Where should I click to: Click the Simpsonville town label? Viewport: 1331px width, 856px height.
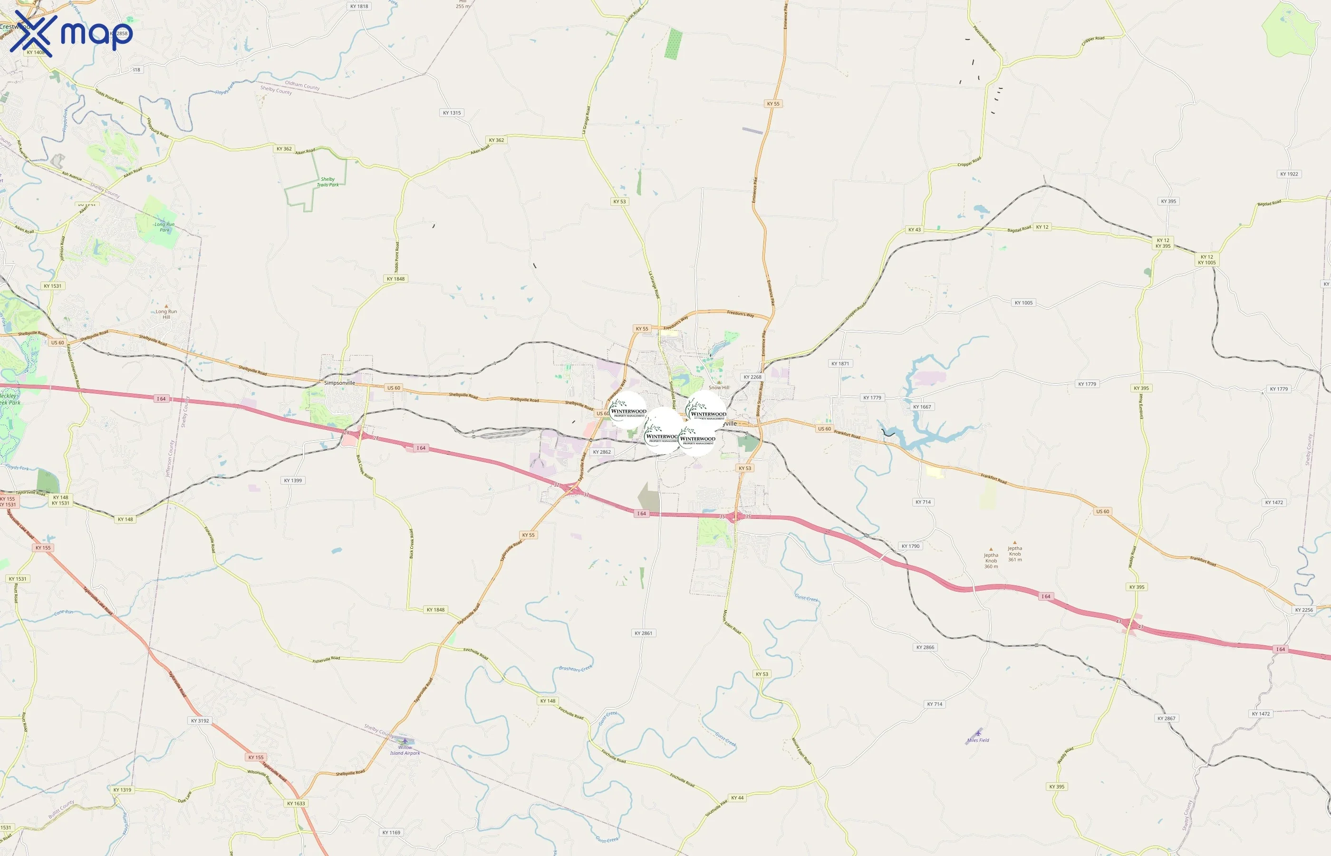(339, 383)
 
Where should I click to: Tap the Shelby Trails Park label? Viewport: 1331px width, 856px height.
(328, 182)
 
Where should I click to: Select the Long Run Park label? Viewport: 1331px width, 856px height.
(164, 227)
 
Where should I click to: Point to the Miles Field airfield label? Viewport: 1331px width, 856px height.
(978, 740)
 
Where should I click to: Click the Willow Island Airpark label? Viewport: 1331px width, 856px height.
(405, 750)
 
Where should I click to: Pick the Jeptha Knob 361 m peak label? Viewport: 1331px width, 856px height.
(1015, 554)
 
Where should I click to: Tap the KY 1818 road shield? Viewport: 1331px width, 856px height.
(359, 7)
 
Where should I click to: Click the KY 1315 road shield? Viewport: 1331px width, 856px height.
(452, 113)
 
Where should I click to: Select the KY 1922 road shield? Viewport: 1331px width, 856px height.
(1289, 174)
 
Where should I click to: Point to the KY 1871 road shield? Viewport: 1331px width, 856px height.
(840, 363)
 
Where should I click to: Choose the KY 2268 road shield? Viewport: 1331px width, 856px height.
(752, 377)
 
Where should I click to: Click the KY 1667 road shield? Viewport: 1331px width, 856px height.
(922, 407)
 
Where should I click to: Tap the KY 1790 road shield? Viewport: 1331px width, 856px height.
(910, 546)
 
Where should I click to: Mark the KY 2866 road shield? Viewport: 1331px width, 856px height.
(926, 647)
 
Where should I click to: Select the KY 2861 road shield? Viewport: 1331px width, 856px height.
(643, 633)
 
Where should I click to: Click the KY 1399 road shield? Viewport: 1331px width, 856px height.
(293, 480)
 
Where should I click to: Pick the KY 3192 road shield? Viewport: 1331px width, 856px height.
(200, 721)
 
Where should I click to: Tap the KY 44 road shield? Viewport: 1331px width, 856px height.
(737, 798)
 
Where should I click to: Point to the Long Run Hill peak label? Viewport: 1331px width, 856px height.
(166, 314)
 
